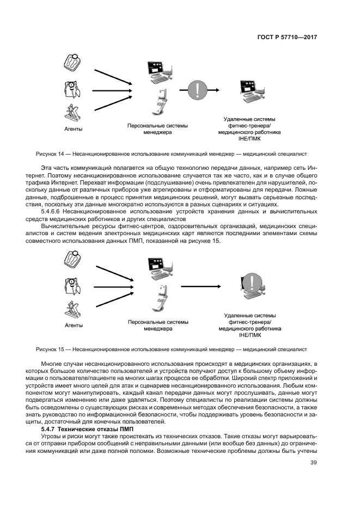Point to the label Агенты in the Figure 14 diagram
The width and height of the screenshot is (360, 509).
(74, 129)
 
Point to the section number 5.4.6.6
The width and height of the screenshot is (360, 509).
(58, 211)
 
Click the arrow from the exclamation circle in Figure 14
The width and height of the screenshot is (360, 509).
(223, 89)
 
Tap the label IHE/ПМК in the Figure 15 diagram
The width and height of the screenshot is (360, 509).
(249, 335)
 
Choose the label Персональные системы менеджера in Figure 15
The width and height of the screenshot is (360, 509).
(157, 325)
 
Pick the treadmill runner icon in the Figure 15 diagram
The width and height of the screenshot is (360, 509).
(71, 308)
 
